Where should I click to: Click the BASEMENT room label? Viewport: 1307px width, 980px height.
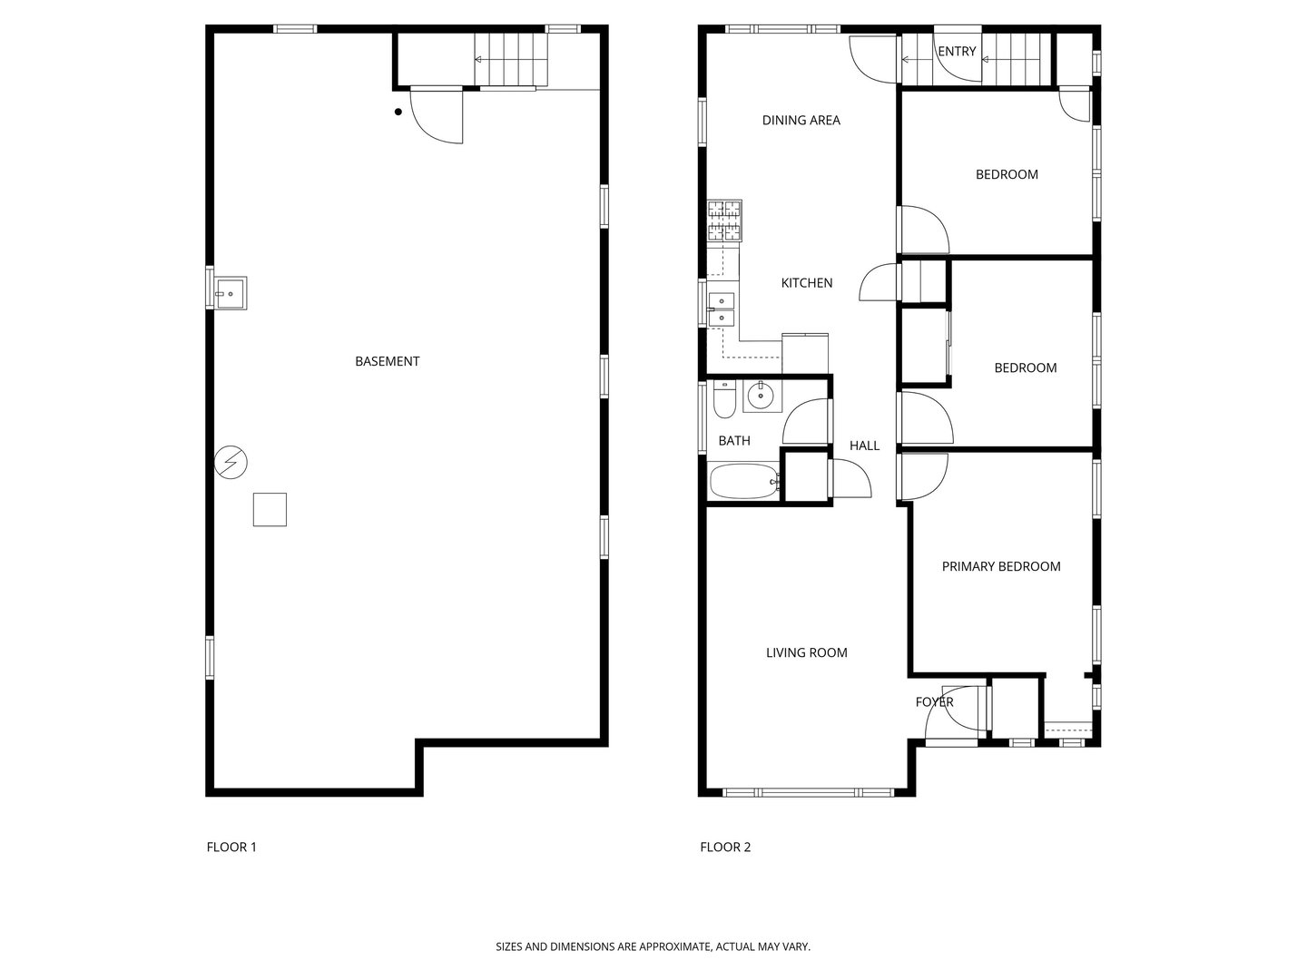pyautogui.click(x=387, y=361)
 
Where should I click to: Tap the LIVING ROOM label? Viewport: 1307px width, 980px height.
pyautogui.click(x=806, y=652)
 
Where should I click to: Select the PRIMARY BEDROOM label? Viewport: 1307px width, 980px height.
pyautogui.click(x=1000, y=566)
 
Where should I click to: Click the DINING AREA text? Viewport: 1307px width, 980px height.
pyautogui.click(x=801, y=120)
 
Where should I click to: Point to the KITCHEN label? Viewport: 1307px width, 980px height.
pyautogui.click(x=806, y=283)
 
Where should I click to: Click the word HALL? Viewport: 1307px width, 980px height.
pyautogui.click(x=864, y=446)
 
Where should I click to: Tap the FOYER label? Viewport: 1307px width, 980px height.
pyautogui.click(x=934, y=701)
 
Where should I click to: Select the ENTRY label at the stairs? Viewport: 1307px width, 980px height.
pyautogui.click(x=957, y=52)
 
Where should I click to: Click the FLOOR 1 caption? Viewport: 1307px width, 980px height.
pyautogui.click(x=231, y=848)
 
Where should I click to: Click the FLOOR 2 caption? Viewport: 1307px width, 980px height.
pyautogui.click(x=725, y=848)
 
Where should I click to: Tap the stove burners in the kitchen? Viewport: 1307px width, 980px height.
pyautogui.click(x=724, y=220)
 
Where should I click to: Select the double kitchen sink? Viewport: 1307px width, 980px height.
pyautogui.click(x=722, y=309)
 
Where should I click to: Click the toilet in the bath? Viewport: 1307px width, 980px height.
pyautogui.click(x=723, y=400)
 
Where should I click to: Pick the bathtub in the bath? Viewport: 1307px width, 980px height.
pyautogui.click(x=744, y=481)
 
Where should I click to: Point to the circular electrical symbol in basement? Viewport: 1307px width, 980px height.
pyautogui.click(x=231, y=463)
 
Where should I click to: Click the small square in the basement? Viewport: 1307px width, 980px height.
pyautogui.click(x=270, y=509)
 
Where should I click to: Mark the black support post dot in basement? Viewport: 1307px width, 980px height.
pyautogui.click(x=398, y=113)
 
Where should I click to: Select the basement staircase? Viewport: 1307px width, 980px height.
pyautogui.click(x=513, y=60)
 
